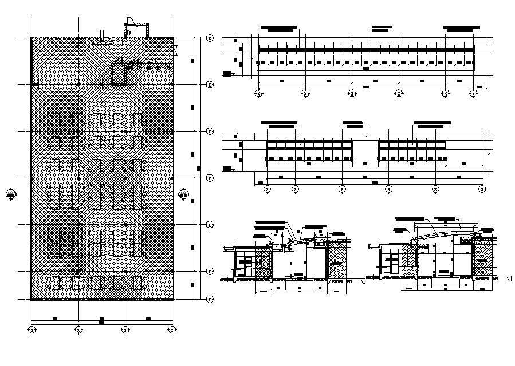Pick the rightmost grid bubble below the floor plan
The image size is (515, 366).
(171, 329)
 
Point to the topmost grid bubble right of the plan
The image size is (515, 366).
(210, 38)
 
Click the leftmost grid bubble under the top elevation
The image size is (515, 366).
(258, 92)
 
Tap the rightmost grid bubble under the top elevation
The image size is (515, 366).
(474, 92)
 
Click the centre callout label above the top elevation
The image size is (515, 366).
(380, 27)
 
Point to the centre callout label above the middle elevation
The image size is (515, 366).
(352, 122)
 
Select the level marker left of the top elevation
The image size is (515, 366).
(228, 73)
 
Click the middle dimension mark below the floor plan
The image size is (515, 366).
(101, 319)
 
